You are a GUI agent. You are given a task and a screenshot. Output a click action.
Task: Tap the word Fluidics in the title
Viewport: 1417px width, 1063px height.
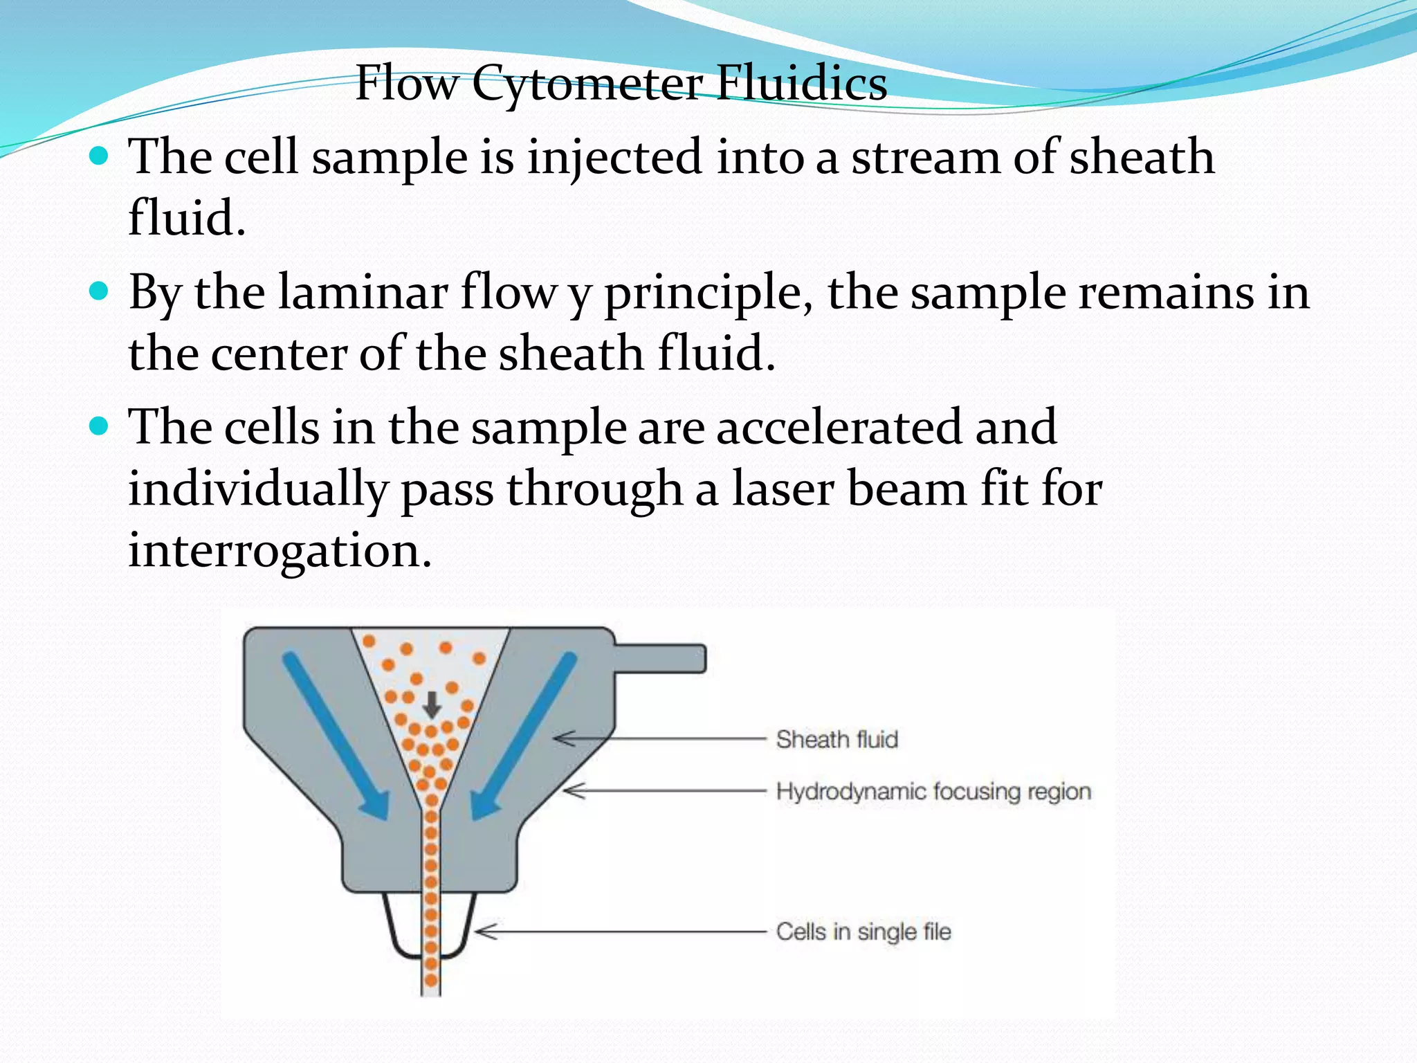tap(801, 83)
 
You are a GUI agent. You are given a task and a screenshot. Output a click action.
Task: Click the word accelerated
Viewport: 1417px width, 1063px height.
tap(839, 427)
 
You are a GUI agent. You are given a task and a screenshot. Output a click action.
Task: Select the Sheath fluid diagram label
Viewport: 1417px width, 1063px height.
tap(837, 739)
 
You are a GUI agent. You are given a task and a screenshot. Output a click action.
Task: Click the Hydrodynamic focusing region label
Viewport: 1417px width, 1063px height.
tap(933, 791)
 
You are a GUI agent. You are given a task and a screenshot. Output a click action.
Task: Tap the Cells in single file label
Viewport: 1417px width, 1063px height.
tap(863, 932)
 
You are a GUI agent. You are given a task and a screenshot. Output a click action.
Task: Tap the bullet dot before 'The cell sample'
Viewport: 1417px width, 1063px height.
tap(100, 156)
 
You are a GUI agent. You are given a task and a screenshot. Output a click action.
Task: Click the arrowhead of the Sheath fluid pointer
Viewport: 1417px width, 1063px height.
tap(562, 739)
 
